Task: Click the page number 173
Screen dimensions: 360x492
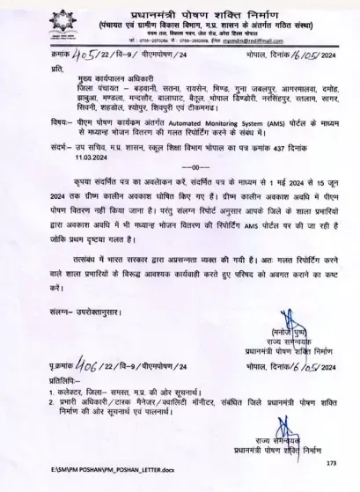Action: [x=332, y=462]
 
